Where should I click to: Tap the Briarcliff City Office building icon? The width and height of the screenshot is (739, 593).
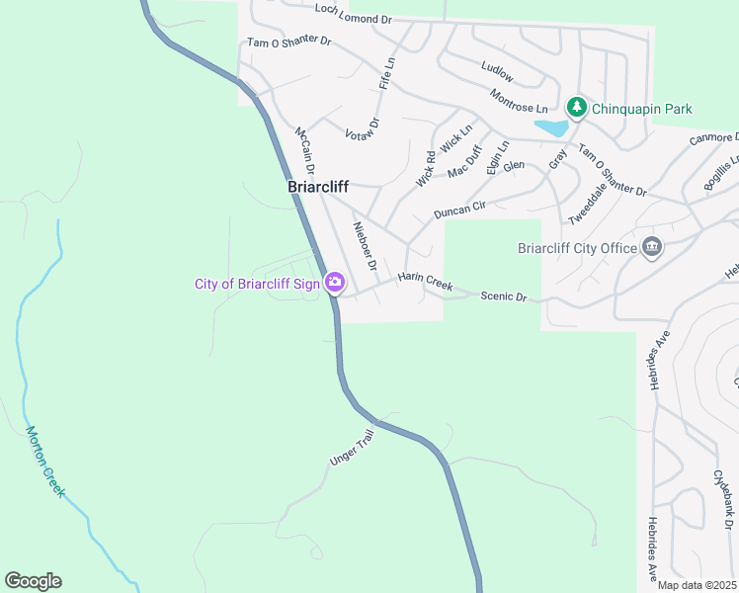click(651, 247)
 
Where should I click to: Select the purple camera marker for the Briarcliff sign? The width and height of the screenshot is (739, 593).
click(335, 284)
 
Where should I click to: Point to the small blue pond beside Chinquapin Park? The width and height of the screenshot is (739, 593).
click(550, 127)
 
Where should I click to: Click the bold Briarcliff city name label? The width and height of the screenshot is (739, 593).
click(318, 186)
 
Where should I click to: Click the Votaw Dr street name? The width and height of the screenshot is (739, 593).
click(363, 130)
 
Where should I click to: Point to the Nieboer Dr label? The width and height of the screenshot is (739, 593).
click(366, 246)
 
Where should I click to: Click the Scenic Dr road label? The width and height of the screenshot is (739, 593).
click(504, 296)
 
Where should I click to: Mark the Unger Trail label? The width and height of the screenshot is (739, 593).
click(354, 449)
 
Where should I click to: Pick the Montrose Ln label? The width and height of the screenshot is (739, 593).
click(519, 100)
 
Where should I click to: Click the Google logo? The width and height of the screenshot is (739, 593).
click(33, 581)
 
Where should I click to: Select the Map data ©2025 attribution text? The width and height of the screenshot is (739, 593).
click(696, 585)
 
